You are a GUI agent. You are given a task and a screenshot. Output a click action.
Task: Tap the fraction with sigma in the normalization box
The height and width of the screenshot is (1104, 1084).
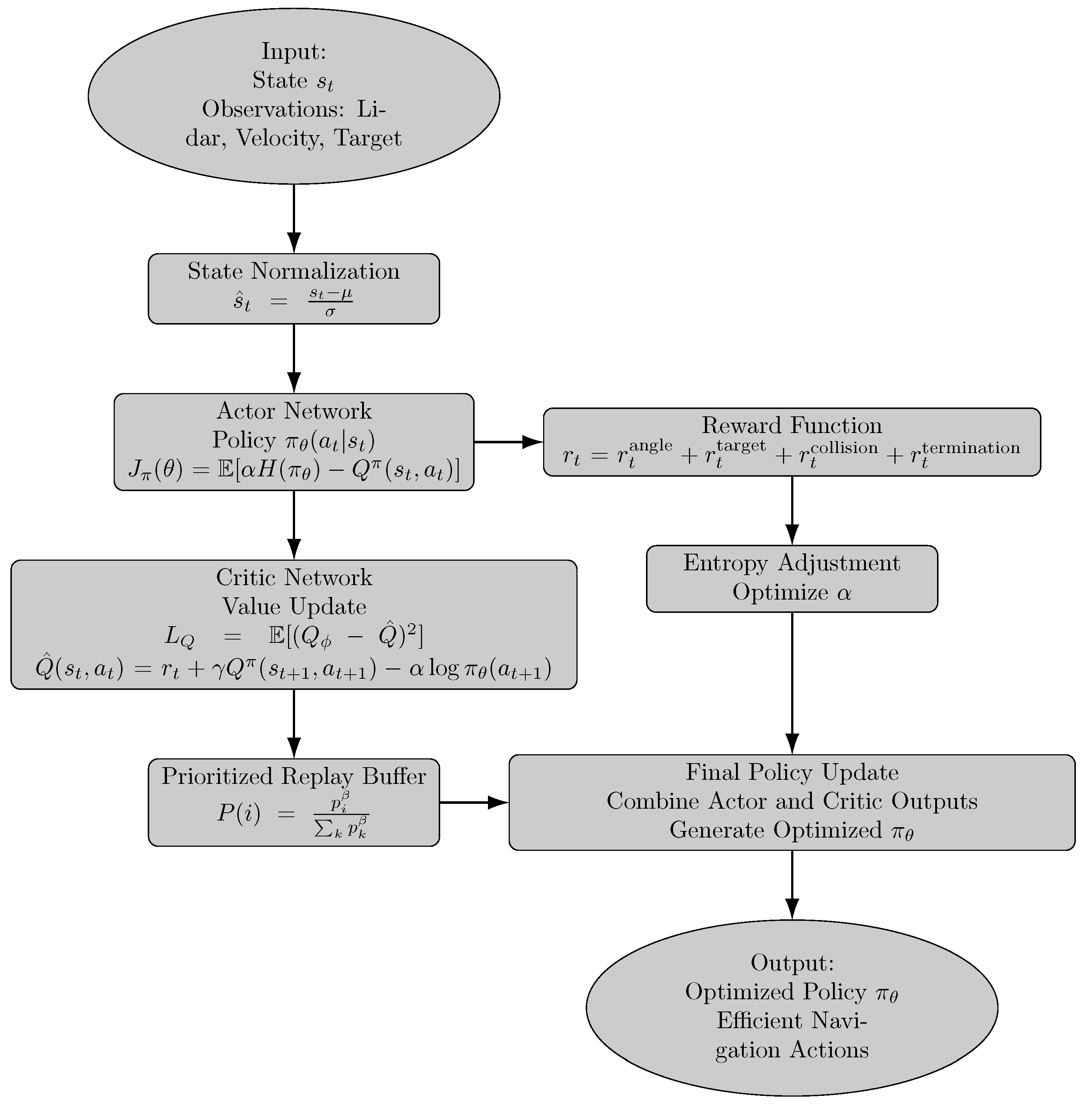point(330,302)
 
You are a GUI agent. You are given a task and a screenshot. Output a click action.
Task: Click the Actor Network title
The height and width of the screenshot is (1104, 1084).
point(294,411)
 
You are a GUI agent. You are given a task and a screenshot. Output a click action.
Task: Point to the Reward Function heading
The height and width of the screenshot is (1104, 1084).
point(792,426)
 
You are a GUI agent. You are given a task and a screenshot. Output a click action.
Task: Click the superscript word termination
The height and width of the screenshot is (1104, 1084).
point(971,448)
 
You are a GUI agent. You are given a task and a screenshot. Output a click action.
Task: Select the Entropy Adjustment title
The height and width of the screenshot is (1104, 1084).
point(792,563)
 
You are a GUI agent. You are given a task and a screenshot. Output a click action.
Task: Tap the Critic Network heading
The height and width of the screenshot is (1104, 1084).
point(294,578)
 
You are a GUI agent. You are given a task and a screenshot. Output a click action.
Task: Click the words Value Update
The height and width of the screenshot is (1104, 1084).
point(294,607)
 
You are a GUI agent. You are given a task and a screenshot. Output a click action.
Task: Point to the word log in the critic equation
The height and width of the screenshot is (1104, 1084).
point(444,669)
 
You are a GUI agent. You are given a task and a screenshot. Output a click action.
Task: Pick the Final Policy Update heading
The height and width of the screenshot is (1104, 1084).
point(792,773)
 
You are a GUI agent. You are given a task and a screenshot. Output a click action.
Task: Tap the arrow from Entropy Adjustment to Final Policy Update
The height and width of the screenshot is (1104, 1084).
point(792,683)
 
